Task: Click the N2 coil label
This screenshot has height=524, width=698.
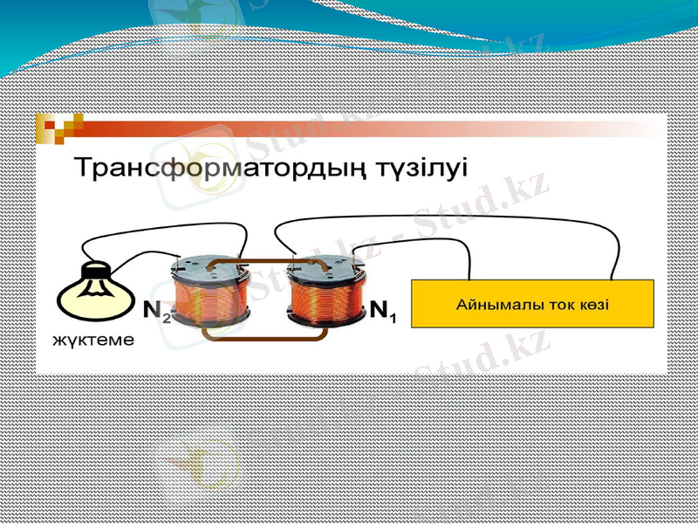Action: click(x=156, y=309)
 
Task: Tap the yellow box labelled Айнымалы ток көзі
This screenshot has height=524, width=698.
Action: click(x=532, y=304)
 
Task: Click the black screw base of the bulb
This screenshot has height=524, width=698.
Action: click(x=93, y=268)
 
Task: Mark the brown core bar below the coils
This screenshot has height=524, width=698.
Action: click(x=262, y=334)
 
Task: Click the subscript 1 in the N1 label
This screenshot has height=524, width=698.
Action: click(x=393, y=318)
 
